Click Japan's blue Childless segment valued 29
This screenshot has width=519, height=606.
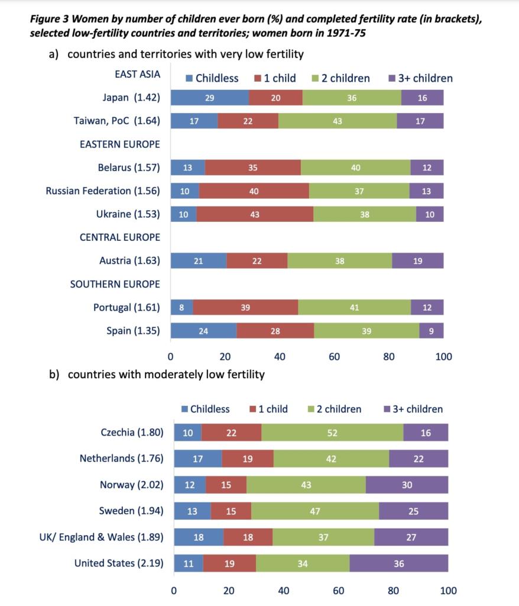(210, 98)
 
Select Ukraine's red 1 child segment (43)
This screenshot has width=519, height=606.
(255, 214)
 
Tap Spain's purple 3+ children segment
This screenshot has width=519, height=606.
(432, 331)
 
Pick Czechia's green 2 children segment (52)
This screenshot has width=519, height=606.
(332, 433)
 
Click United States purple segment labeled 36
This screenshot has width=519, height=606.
(399, 563)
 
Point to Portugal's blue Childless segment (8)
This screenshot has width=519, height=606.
(181, 307)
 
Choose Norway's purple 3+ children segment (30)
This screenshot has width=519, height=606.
(407, 485)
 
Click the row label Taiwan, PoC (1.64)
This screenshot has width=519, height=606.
(116, 121)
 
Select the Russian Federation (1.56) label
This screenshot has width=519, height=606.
(103, 191)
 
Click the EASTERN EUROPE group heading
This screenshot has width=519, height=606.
(119, 144)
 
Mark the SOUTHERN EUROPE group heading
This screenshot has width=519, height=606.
(115, 284)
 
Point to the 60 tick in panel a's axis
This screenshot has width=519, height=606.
(335, 357)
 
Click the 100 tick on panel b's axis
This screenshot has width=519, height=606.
(448, 590)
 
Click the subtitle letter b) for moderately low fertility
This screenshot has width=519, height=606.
(54, 374)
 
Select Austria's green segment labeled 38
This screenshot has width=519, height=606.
(339, 261)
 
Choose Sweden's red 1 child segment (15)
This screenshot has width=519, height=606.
(231, 511)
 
